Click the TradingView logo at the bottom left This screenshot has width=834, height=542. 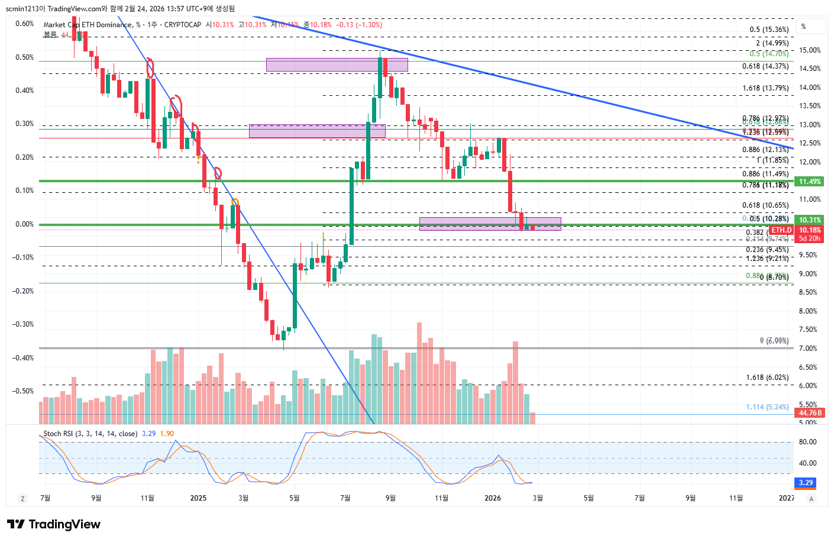[x=53, y=524]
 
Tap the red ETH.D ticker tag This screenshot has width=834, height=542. [x=781, y=230]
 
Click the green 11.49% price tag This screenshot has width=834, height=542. [x=809, y=182]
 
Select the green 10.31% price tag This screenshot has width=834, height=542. [x=809, y=220]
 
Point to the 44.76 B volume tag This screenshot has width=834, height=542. [x=810, y=413]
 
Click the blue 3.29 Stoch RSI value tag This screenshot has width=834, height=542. [x=806, y=483]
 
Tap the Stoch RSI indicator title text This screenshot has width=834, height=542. [x=90, y=434]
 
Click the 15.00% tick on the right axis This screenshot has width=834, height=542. [x=809, y=50]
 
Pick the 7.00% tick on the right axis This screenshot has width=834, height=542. [x=807, y=349]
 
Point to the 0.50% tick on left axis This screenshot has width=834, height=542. [x=25, y=57]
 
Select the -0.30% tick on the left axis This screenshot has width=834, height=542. [x=24, y=324]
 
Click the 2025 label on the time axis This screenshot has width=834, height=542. [x=198, y=498]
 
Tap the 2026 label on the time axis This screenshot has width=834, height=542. [x=492, y=498]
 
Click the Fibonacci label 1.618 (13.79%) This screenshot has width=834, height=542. [x=765, y=88]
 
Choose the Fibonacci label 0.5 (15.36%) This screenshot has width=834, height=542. [x=769, y=30]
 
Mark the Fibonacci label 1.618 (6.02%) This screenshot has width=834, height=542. [x=767, y=378]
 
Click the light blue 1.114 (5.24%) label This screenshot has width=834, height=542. [x=767, y=407]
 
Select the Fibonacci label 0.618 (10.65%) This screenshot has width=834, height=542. [x=765, y=205]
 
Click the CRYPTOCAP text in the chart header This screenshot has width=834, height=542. [x=182, y=25]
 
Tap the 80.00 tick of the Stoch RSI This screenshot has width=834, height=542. [x=807, y=442]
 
